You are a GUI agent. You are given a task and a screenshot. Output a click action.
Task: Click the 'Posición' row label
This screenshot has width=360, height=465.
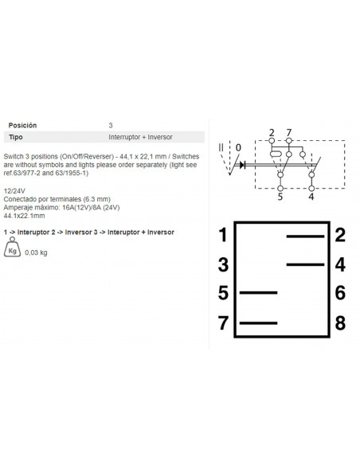point(22,125)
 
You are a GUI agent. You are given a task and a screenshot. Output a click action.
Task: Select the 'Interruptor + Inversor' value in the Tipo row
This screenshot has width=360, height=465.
point(140,137)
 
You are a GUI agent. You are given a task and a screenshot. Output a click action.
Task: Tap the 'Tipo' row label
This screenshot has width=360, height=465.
point(16,137)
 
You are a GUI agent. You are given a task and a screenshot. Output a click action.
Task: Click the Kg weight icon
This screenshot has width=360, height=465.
point(12,247)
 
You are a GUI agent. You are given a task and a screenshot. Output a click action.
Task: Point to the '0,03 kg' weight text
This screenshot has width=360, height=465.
point(36,252)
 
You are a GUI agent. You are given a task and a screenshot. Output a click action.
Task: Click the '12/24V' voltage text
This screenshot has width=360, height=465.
point(14,190)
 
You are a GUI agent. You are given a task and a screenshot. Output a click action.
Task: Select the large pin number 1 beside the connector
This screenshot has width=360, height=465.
point(223,235)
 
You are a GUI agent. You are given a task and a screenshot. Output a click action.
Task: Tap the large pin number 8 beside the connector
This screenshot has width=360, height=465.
point(340,322)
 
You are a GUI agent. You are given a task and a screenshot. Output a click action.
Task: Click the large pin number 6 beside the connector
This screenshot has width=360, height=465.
point(340,293)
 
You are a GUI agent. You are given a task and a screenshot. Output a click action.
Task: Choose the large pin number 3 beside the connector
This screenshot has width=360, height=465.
point(223,264)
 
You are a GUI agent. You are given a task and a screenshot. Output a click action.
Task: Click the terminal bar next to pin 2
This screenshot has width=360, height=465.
point(305,236)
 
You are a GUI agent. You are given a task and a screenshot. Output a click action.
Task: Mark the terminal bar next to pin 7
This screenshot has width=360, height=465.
point(258,323)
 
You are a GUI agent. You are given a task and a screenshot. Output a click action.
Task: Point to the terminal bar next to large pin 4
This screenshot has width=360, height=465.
point(305,264)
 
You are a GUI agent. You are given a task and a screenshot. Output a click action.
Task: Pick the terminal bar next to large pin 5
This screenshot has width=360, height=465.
point(258,293)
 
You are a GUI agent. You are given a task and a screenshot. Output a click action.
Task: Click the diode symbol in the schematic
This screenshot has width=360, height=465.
point(243,165)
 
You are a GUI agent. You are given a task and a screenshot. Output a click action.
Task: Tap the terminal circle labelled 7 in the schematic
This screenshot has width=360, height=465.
point(289,141)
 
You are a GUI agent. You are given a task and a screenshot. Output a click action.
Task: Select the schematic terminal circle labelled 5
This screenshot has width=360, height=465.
point(280,189)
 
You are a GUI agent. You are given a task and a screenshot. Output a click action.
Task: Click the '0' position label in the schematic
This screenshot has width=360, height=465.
point(238,147)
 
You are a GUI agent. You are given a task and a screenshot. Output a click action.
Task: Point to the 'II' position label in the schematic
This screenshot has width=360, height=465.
point(221,147)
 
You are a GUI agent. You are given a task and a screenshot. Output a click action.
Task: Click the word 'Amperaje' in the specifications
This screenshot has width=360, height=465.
point(17,208)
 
